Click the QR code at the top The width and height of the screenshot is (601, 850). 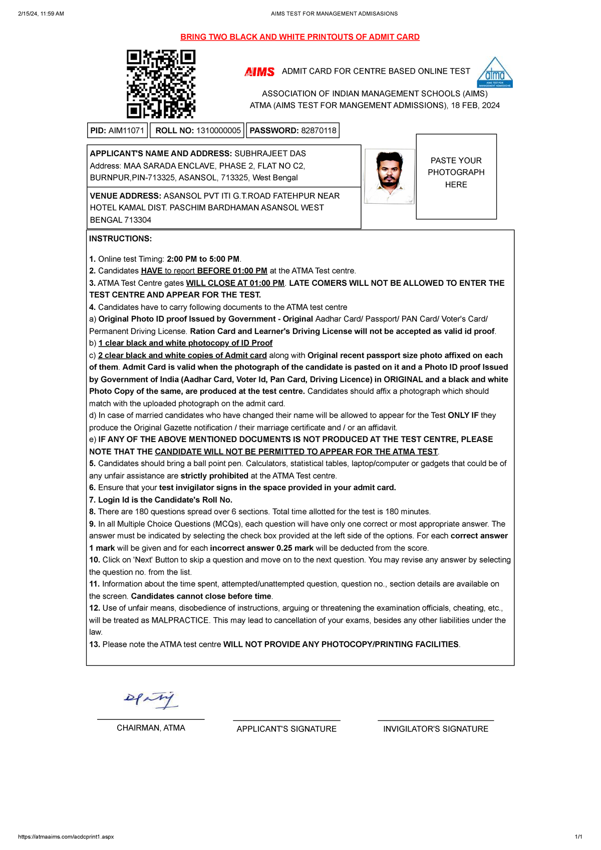[161, 84]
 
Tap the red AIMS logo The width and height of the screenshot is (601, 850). [259, 72]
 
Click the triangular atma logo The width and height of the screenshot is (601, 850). [495, 72]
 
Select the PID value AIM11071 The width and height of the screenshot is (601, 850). [126, 131]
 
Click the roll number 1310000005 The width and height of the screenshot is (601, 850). [218, 131]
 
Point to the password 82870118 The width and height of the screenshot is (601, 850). [319, 131]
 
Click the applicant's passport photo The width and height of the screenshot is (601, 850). [390, 176]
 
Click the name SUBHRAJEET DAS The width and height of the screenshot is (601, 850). [270, 154]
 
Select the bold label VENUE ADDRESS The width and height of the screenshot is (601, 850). [125, 196]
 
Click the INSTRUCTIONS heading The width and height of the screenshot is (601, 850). [120, 239]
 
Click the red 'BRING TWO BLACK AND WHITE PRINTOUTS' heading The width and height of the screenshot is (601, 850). [299, 37]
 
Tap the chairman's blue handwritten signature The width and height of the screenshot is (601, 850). [151, 700]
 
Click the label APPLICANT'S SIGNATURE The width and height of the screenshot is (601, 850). [286, 729]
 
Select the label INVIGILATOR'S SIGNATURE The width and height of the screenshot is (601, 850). [436, 729]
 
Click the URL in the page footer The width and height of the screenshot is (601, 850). [66, 837]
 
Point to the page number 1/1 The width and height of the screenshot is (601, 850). [578, 837]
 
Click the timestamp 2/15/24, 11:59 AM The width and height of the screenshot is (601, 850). [41, 14]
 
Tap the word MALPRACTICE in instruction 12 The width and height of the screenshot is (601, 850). [180, 620]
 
